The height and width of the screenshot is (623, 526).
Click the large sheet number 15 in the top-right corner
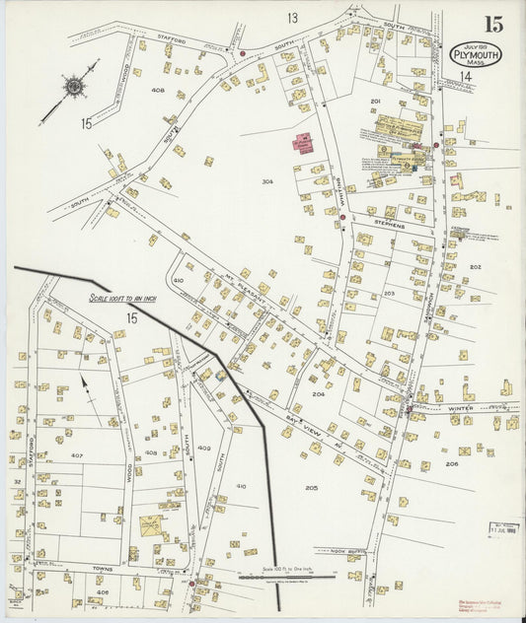[491, 25]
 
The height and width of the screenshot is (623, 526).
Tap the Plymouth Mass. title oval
[476, 54]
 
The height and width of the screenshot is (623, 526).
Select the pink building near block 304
[301, 143]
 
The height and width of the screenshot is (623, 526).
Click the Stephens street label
[389, 225]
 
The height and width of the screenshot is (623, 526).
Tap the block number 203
[389, 293]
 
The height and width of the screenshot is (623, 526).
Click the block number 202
[475, 267]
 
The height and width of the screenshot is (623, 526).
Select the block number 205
[312, 487]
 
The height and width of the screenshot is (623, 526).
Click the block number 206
[451, 462]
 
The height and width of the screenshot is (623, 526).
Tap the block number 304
[267, 181]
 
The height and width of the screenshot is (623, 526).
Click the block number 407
[77, 455]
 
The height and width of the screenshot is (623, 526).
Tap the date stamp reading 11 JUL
[502, 529]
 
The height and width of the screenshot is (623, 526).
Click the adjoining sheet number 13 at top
[292, 18]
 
